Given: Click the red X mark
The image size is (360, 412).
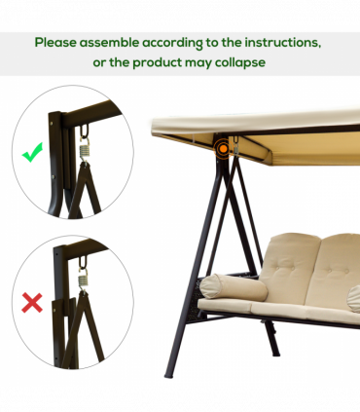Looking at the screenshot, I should pos(32,302).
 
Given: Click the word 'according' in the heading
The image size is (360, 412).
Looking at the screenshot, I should pos(181,44).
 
